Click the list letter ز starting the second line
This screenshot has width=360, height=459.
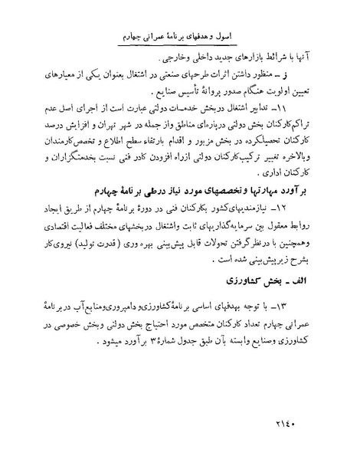[318, 77]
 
